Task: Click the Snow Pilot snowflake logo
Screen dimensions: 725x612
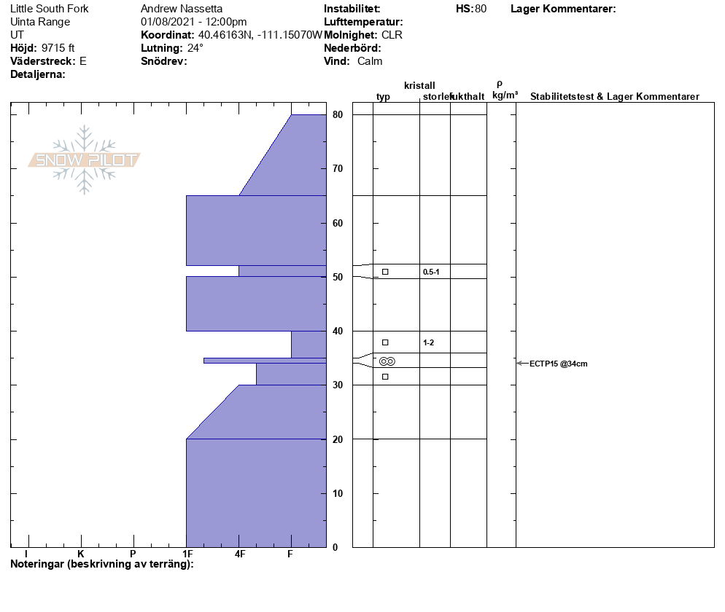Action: (84, 160)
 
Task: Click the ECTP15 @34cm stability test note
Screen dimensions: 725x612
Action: (558, 364)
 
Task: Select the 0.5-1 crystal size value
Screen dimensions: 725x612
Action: (431, 272)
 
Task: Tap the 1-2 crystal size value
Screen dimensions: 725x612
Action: (428, 342)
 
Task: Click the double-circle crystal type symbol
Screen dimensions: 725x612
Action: (387, 361)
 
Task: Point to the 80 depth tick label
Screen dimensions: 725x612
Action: (338, 114)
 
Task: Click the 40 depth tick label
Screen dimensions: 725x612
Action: (338, 331)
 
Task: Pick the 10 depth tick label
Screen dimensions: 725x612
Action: (338, 493)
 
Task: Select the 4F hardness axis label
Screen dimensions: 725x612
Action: (239, 554)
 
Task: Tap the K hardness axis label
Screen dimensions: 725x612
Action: (80, 554)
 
